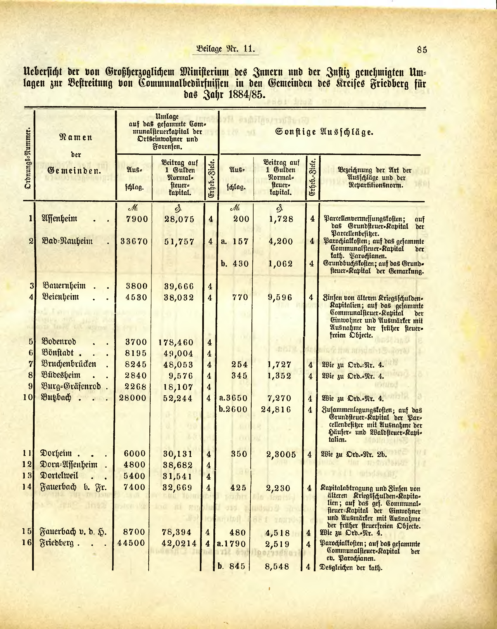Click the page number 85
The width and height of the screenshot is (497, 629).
click(422, 50)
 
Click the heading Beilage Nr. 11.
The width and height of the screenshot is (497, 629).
click(225, 49)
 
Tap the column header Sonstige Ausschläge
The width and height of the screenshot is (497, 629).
click(324, 132)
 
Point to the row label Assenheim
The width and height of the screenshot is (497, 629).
click(60, 218)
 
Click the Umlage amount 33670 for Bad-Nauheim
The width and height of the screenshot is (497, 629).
click(134, 241)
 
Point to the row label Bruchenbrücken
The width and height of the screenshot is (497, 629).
click(69, 364)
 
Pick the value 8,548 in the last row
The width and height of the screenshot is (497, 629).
click(277, 566)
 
